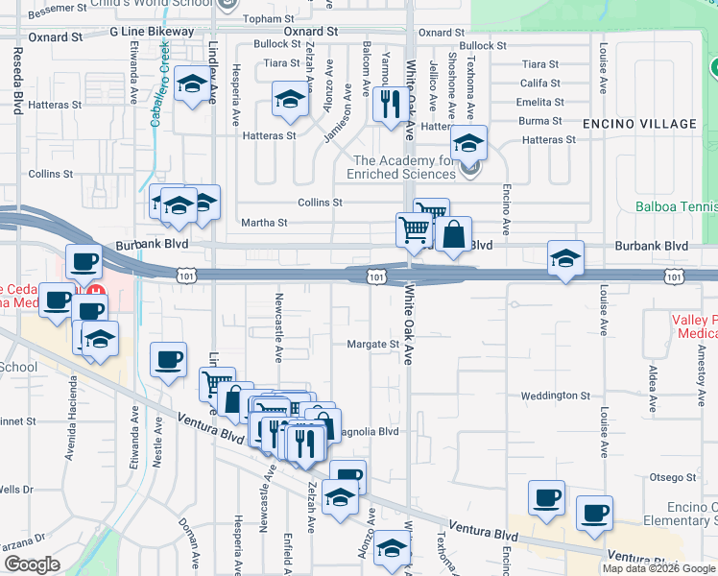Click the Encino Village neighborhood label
coord(639,124)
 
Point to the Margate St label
coord(372,344)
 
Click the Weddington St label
coord(555,396)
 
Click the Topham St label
coord(269,18)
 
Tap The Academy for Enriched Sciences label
coord(405,167)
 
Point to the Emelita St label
coord(538,102)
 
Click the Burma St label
coord(540,121)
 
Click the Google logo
coord(32,564)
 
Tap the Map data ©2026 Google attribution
coord(658,568)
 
